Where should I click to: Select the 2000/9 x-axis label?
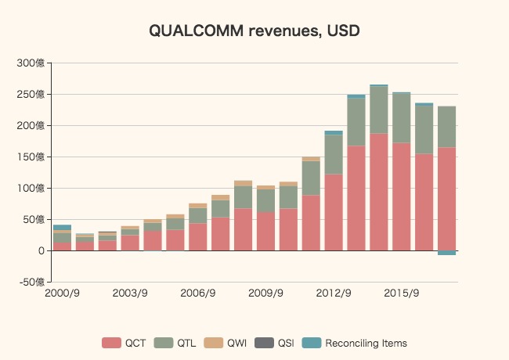tap(62, 293)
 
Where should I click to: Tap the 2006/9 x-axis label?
tap(198, 293)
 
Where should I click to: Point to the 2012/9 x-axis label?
tap(334, 293)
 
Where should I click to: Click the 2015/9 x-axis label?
tap(401, 293)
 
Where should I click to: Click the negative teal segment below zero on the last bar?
tap(446, 253)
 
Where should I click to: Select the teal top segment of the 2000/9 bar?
tap(62, 227)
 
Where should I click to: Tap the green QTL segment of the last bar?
tap(446, 127)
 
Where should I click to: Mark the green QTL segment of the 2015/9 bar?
tap(402, 117)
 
